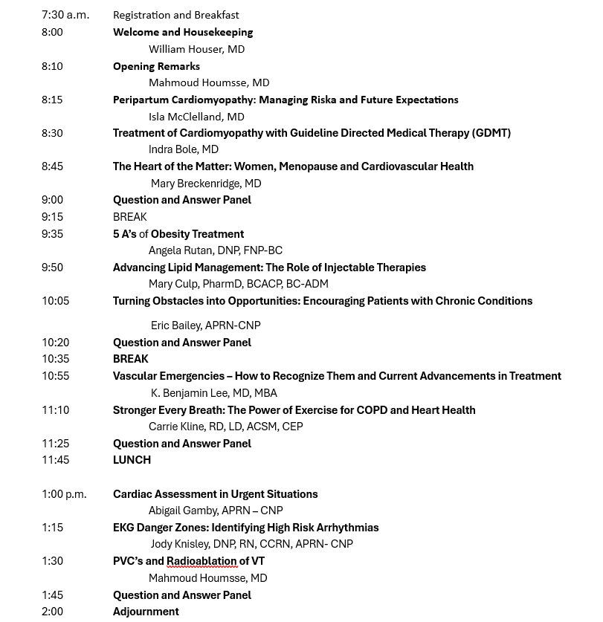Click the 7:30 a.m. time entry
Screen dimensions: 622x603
65,15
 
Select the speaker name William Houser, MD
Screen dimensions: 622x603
196,49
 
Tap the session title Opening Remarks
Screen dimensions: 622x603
156,66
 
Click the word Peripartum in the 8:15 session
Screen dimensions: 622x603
141,100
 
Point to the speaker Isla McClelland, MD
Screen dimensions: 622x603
196,117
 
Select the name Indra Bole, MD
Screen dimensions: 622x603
184,149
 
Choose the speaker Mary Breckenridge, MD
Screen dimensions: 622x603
206,184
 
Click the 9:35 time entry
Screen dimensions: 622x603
52,234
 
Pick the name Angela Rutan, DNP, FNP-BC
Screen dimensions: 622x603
216,250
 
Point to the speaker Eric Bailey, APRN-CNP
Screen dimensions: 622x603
206,325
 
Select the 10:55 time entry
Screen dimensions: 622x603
55,376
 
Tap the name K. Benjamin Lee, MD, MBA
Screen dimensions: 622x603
214,393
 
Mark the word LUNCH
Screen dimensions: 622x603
132,460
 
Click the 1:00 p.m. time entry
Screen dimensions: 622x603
64,494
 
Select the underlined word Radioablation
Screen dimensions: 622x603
201,561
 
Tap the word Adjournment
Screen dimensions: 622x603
146,612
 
